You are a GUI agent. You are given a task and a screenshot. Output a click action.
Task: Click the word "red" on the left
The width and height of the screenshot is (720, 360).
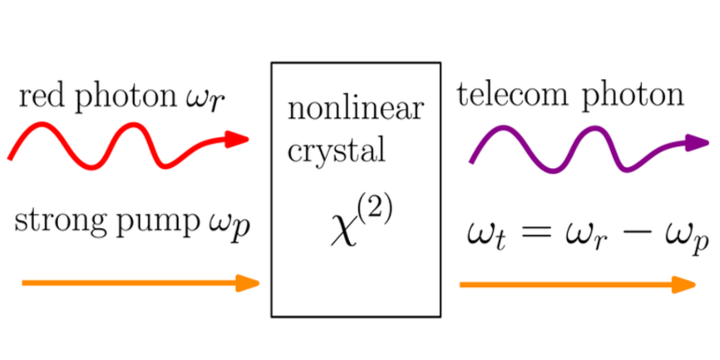pos(41,99)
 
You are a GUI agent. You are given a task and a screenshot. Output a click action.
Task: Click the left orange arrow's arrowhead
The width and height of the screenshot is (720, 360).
pos(249,284)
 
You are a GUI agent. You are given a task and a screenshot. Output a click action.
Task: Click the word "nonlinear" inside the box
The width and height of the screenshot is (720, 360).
pos(354,109)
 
